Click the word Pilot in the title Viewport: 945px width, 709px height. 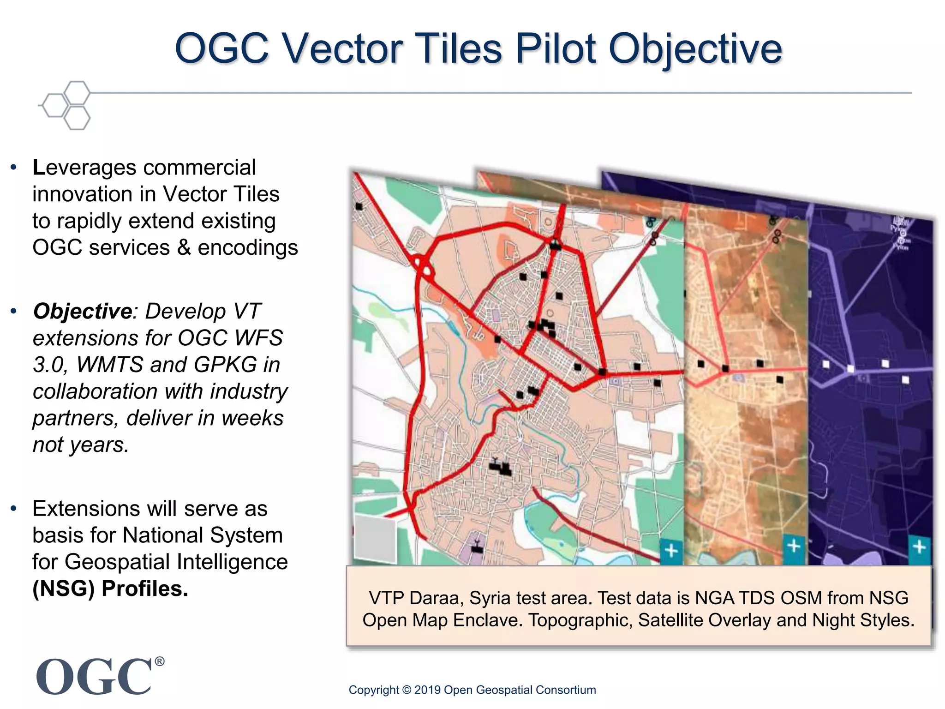click(556, 48)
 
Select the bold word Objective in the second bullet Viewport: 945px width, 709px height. click(83, 311)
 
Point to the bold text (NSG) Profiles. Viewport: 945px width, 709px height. click(110, 589)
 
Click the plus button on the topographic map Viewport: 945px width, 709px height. click(671, 551)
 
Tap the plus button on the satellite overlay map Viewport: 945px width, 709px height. click(794, 547)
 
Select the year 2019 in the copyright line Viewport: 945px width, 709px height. click(427, 690)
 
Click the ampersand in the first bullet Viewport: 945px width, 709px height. click(184, 248)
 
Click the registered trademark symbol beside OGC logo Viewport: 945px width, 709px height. click(159, 661)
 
